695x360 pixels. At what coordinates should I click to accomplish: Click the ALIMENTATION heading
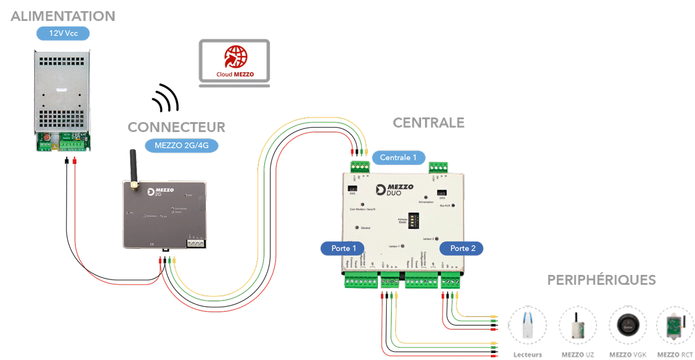(63, 16)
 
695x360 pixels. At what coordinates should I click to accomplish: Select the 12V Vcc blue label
(63, 33)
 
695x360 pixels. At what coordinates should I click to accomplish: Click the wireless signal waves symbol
(166, 98)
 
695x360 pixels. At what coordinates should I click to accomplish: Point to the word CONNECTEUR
(176, 127)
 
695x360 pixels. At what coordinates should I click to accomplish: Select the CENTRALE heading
(429, 123)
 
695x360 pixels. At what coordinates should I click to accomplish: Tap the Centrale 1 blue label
(398, 157)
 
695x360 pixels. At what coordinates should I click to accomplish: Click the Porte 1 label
(343, 248)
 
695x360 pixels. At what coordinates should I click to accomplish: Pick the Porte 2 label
(462, 248)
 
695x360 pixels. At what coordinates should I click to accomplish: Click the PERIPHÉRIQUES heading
(601, 280)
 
